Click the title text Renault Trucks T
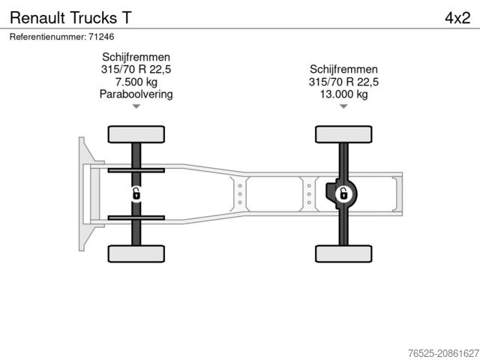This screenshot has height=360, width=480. (x=62, y=16)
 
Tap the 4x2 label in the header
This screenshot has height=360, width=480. (x=456, y=16)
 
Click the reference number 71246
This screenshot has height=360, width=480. (x=101, y=36)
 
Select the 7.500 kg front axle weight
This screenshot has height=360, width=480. (x=136, y=82)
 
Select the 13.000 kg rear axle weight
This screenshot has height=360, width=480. (x=343, y=94)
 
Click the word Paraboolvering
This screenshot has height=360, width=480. (x=136, y=94)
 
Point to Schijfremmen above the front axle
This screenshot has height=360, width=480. (x=136, y=57)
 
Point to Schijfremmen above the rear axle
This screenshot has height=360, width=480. (x=343, y=70)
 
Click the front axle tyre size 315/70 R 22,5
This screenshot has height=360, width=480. (x=136, y=70)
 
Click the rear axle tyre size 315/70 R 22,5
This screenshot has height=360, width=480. (x=343, y=82)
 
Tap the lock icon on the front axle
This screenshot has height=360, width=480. (x=136, y=194)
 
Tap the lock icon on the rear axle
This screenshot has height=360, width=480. (x=343, y=194)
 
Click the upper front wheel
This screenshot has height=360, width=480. (x=136, y=134)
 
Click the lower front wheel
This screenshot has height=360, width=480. (x=136, y=253)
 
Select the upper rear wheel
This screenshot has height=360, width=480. (x=343, y=134)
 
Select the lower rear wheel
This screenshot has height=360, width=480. (x=343, y=253)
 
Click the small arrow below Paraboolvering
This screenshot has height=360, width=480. (x=136, y=106)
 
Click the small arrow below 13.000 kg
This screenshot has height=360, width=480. (x=343, y=106)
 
